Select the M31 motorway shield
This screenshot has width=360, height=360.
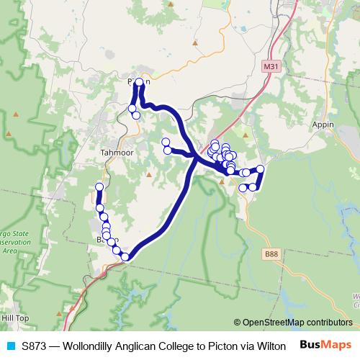tap(269, 66)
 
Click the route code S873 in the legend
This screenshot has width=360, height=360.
tap(35, 346)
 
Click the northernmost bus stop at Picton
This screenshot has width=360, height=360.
tap(139, 82)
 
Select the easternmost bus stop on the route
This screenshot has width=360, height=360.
tap(261, 169)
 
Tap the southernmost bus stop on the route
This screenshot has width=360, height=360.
tap(125, 257)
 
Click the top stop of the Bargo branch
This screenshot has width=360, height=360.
tap(99, 186)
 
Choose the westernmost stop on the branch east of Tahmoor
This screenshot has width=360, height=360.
tap(165, 142)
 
